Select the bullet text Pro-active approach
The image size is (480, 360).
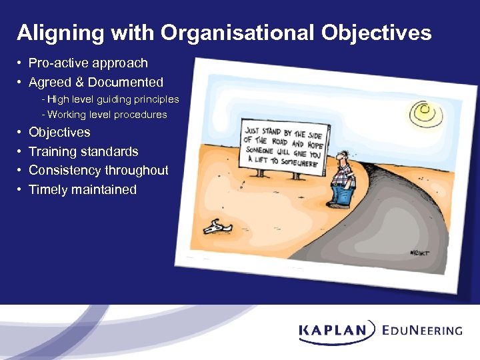[88, 63]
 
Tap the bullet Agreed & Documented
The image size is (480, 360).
[95, 83]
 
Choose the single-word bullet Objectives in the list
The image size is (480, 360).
[59, 133]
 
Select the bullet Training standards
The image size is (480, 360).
[83, 152]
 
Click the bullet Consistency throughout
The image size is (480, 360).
[98, 171]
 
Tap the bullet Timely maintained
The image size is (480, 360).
[82, 190]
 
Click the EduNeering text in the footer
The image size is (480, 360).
[423, 330]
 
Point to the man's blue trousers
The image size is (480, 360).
[342, 194]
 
